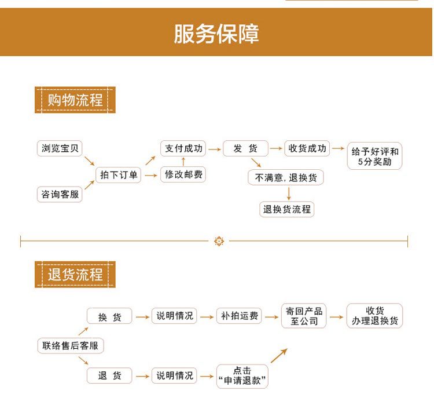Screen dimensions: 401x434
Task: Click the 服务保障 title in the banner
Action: [216, 34]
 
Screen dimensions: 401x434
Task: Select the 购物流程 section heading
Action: [75, 100]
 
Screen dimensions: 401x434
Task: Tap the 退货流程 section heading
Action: [75, 275]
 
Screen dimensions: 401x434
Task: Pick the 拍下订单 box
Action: [119, 174]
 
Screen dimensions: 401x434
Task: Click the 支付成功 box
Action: [183, 149]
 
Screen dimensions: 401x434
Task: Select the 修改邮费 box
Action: [183, 174]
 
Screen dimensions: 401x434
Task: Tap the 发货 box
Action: [245, 149]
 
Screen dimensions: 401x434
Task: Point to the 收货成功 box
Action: [307, 149]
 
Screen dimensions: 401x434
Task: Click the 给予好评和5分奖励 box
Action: [374, 156]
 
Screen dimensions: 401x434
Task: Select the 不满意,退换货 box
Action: [286, 178]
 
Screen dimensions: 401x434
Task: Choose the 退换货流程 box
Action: [287, 209]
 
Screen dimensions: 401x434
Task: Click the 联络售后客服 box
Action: [71, 347]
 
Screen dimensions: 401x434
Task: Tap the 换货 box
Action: [109, 316]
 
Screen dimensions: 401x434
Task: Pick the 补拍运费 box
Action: [239, 316]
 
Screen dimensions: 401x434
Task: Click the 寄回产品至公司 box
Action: [304, 316]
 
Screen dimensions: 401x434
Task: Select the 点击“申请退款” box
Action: [242, 376]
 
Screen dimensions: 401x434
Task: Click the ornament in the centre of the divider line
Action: [219, 241]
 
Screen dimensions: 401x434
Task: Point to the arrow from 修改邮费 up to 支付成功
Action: [183, 162]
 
